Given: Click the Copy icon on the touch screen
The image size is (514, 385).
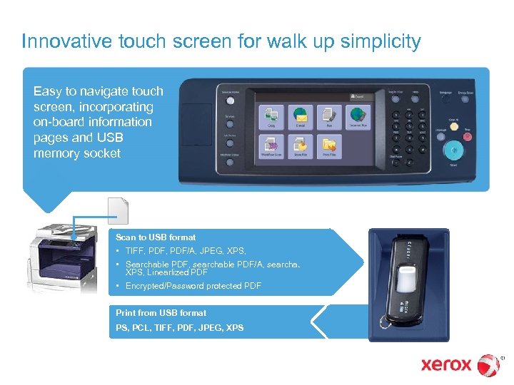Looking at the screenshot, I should pyautogui.click(x=271, y=116).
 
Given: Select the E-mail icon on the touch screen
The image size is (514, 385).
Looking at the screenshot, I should pyautogui.click(x=300, y=116).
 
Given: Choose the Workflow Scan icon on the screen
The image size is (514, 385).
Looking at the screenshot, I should pyautogui.click(x=271, y=145).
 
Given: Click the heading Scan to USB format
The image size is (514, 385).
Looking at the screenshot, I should pyautogui.click(x=156, y=237).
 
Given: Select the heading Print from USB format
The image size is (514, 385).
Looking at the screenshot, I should pyautogui.click(x=161, y=312).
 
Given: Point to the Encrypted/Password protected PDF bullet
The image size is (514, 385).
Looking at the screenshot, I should pyautogui.click(x=193, y=286).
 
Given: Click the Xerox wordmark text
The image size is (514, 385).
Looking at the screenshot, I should pyautogui.click(x=446, y=365).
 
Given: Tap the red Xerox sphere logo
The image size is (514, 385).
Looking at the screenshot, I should pyautogui.click(x=488, y=365).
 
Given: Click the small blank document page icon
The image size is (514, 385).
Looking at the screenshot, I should pyautogui.click(x=117, y=211).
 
